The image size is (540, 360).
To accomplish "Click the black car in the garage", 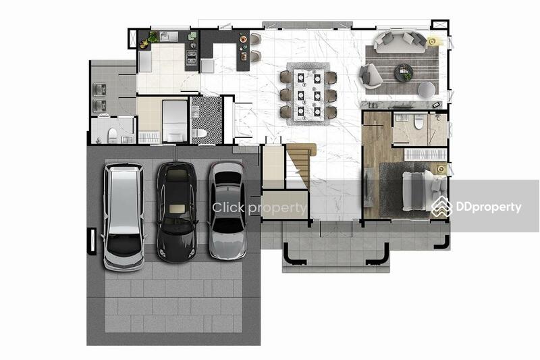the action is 177,212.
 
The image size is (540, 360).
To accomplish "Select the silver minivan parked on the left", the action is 124,217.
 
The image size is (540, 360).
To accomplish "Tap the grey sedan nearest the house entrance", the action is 227,210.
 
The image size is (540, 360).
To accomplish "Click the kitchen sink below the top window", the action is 169,36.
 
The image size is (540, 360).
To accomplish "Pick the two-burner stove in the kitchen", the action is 191,57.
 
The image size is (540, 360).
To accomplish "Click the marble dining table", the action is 309,94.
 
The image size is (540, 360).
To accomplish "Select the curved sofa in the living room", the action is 400,42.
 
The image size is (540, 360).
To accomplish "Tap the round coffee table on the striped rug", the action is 404,72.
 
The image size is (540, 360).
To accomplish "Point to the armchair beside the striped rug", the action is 370,76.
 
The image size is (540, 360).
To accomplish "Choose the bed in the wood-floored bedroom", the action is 424,190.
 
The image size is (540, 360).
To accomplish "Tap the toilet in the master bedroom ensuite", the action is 418,122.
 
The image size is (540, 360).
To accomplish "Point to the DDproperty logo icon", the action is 442,207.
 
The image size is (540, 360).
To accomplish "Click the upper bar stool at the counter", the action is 256,39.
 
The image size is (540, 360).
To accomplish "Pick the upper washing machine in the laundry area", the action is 99,90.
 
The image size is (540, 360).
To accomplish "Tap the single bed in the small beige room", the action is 175,121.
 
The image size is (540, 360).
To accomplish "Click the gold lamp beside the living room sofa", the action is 433,41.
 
